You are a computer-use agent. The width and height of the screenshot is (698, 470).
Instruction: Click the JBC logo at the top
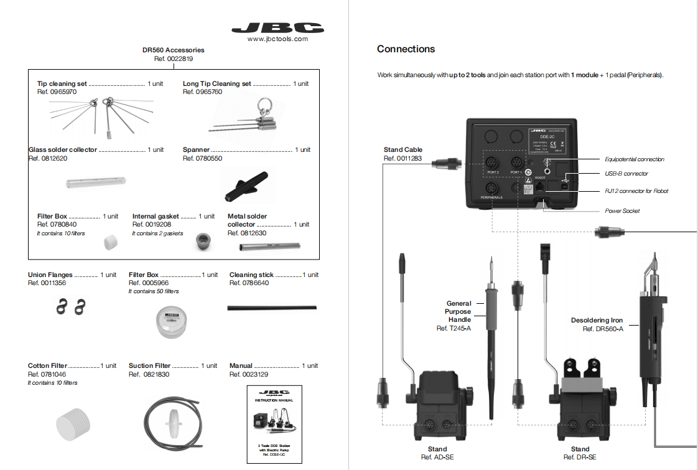[x=277, y=28]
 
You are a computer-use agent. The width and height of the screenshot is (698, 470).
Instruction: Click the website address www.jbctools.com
[x=277, y=39]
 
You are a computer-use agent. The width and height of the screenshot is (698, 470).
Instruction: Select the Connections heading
[x=406, y=49]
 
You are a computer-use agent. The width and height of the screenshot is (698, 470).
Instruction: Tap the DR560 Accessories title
[x=173, y=50]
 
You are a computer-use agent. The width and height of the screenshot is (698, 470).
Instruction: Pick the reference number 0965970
[x=57, y=92]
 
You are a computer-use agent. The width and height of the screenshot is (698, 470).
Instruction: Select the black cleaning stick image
[x=272, y=308]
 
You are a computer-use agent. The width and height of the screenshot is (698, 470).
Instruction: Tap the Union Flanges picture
[x=67, y=306]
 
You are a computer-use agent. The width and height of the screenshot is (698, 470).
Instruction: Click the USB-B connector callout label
[x=626, y=174]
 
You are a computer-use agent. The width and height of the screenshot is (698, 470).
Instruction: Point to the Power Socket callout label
[x=622, y=211]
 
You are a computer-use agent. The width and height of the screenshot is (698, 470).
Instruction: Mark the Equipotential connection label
[x=635, y=159]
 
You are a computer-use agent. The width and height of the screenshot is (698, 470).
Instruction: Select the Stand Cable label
[x=403, y=150]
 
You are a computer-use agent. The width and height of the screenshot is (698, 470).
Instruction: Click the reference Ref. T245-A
[x=454, y=328]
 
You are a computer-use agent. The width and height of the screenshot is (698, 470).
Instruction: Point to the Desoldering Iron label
[x=597, y=321]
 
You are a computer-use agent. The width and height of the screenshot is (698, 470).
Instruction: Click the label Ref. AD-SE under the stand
[x=437, y=458]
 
